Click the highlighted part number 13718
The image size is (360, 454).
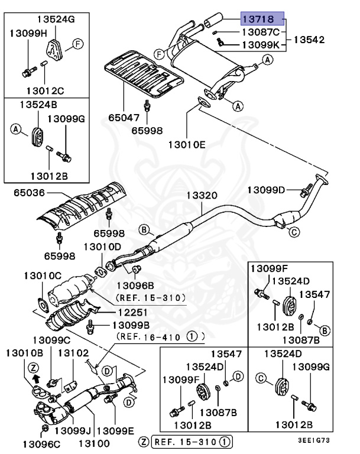click(x=262, y=18)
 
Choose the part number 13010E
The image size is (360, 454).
click(x=187, y=143)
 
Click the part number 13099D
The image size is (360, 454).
click(x=266, y=190)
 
